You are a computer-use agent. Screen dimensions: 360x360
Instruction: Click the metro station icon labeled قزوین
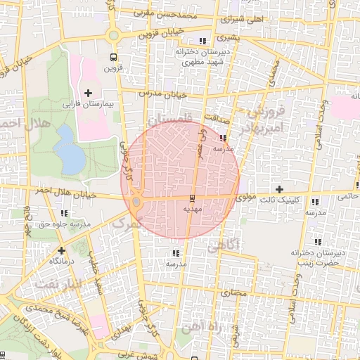tap(113, 57)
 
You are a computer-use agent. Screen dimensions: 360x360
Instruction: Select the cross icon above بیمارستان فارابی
tap(88, 92)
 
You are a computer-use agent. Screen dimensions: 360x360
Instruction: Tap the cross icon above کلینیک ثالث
tap(280, 189)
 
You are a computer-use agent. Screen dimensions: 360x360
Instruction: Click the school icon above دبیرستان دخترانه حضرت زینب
tap(318, 242)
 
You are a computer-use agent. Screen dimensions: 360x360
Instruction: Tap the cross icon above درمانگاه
tap(62, 250)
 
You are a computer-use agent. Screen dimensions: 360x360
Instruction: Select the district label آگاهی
tap(224, 244)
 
